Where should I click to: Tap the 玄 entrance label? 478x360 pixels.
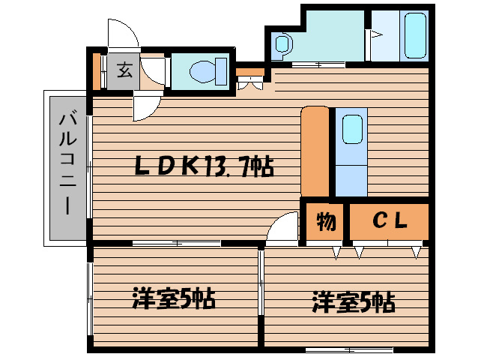pyautogui.click(x=124, y=72)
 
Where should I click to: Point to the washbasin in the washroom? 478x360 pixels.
pyautogui.click(x=282, y=46)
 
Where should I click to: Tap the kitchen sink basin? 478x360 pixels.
pyautogui.click(x=351, y=130)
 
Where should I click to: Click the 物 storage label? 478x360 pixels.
pyautogui.click(x=324, y=221)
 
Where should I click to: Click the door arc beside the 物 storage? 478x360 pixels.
pyautogui.click(x=282, y=226)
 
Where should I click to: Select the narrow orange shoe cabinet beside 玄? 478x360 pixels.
pyautogui.click(x=97, y=72)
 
